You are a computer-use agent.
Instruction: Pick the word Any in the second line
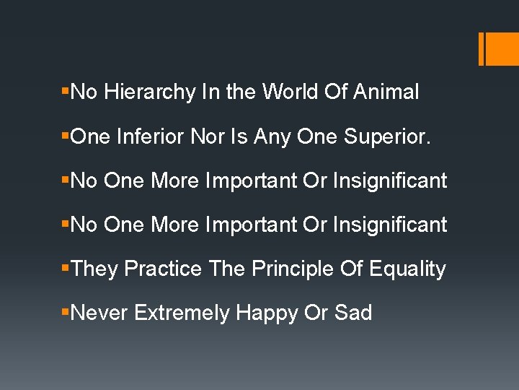click(x=286, y=136)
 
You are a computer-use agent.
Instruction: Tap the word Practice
click(x=164, y=269)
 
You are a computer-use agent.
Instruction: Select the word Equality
click(x=407, y=269)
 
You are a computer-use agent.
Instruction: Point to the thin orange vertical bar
click(x=481, y=48)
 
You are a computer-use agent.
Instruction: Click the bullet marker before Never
click(x=66, y=313)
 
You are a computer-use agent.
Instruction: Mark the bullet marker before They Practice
click(x=66, y=269)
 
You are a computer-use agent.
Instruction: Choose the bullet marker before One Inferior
click(x=66, y=136)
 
